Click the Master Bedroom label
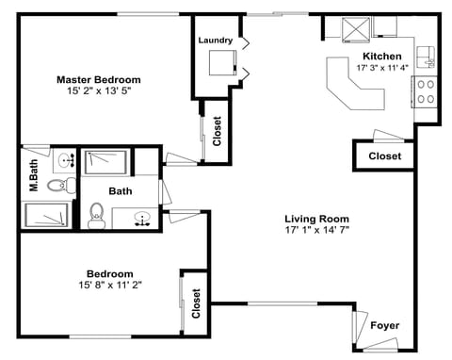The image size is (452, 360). click(98, 79)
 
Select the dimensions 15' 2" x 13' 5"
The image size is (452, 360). click(98, 92)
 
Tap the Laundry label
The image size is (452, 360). click(216, 41)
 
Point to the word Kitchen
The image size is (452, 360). click(381, 56)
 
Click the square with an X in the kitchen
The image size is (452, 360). click(357, 29)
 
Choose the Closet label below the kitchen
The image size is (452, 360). click(384, 155)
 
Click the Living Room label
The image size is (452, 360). click(316, 218)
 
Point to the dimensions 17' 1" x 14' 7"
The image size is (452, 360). click(316, 230)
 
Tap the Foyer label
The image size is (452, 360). click(384, 326)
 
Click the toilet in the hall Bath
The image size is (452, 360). click(96, 216)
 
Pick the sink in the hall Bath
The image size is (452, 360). click(142, 219)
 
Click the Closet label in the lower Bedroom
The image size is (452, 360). click(196, 303)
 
